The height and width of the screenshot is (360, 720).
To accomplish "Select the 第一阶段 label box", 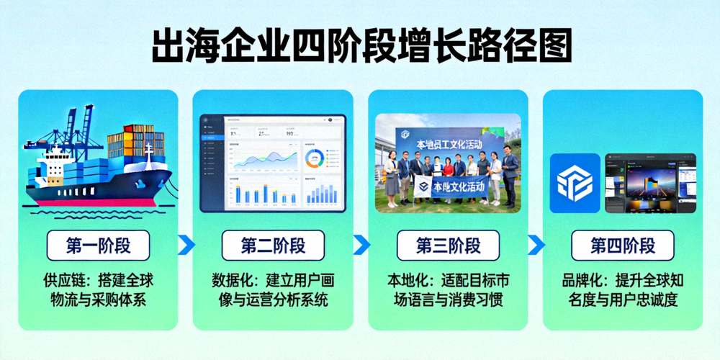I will click(x=98, y=246).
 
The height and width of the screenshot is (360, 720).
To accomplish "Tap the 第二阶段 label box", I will click(x=273, y=246).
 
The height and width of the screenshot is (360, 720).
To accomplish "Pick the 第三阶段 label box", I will click(x=448, y=246).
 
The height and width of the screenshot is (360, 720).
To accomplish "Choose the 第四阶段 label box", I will click(x=623, y=246).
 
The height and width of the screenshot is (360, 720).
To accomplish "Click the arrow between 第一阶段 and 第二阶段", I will click(x=186, y=245).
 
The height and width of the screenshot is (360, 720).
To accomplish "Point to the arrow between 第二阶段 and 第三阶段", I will click(x=361, y=245).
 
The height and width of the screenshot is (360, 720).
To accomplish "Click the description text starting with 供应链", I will click(x=98, y=290).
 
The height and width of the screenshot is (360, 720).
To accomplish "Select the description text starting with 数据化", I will click(x=273, y=290).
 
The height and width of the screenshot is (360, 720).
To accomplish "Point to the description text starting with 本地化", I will click(x=448, y=290).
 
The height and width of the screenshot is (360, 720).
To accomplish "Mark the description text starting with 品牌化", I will click(x=623, y=290).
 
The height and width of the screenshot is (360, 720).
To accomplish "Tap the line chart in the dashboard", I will click(x=262, y=158).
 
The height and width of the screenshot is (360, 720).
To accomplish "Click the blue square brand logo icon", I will click(x=575, y=183).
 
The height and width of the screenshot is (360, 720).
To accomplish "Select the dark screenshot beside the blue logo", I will click(x=650, y=183).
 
